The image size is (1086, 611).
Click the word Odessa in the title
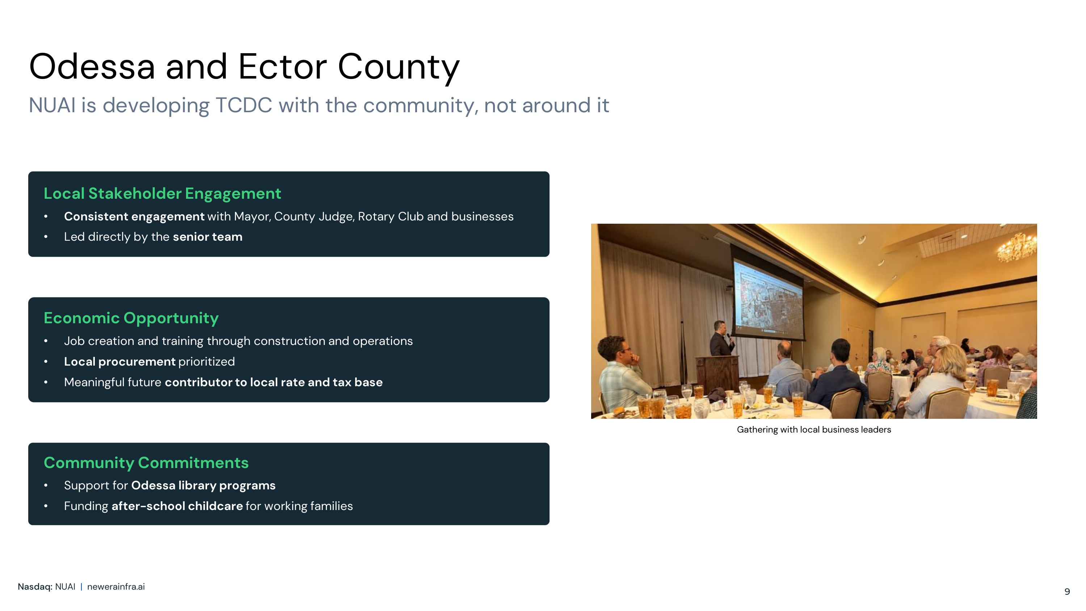point(92,67)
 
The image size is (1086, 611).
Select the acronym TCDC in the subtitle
point(244,105)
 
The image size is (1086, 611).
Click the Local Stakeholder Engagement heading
point(162,194)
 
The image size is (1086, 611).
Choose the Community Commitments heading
point(146,463)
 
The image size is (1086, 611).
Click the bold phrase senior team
point(207,237)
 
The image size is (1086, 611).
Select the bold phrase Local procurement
point(120,362)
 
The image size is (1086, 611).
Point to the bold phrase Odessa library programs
point(203,486)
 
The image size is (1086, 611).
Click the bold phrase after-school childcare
point(177,506)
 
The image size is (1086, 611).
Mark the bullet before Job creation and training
point(46,341)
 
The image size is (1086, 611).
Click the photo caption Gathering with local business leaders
point(814,430)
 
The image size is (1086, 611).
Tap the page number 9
point(1067,591)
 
